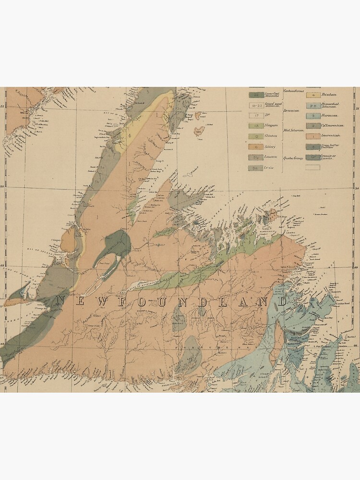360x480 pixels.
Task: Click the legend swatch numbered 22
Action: (x=256, y=95)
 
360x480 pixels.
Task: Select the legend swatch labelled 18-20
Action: (x=256, y=106)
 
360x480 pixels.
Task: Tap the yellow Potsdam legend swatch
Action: (x=313, y=95)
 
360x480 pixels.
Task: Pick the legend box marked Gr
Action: (x=313, y=157)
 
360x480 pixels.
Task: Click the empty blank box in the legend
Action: (x=313, y=168)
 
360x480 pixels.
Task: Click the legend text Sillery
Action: (x=271, y=147)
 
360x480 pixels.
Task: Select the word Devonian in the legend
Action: (x=291, y=110)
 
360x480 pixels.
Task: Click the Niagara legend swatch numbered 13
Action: (x=256, y=126)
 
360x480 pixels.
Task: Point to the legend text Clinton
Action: (x=271, y=136)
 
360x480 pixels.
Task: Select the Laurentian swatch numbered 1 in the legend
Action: (x=313, y=136)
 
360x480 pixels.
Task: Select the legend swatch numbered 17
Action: (x=256, y=116)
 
